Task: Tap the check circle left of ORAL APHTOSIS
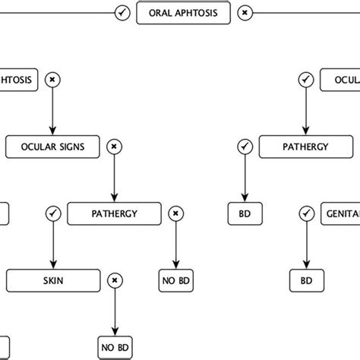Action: tap(122, 13)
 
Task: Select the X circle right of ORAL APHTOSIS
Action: tap(243, 13)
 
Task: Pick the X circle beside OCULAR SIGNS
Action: tap(114, 146)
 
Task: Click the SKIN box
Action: tap(52, 280)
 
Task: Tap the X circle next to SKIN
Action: tap(114, 280)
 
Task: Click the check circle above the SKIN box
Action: tap(52, 213)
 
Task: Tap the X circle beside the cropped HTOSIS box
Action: tap(52, 79)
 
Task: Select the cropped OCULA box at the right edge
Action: tap(341, 79)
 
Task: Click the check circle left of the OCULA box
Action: tap(305, 79)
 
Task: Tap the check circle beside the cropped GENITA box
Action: tap(305, 213)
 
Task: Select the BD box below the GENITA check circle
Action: tap(305, 280)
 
